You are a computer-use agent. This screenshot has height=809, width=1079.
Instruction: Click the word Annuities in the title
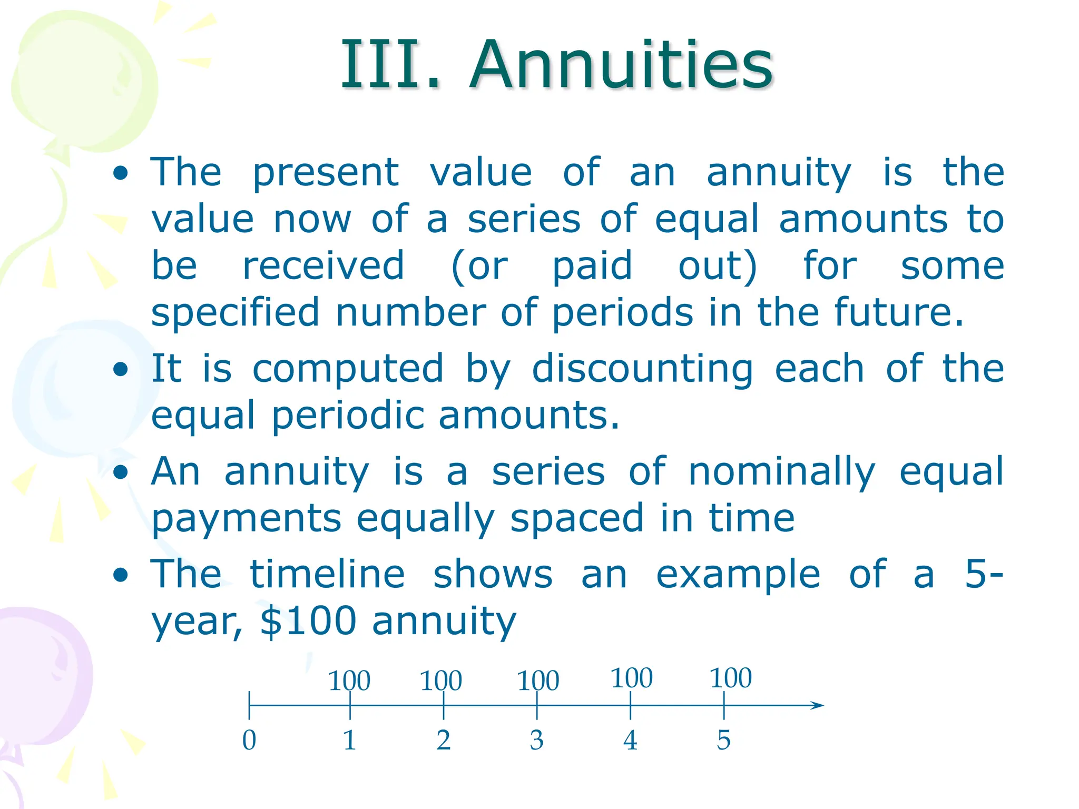tap(622, 65)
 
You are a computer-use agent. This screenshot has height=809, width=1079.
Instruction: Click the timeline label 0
tap(249, 740)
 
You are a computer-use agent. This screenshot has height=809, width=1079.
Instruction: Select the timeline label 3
tap(537, 740)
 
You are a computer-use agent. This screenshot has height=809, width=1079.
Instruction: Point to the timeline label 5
tap(724, 740)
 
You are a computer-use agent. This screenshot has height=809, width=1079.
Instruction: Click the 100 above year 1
tap(349, 680)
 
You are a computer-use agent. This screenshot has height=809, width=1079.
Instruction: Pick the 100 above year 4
tap(632, 678)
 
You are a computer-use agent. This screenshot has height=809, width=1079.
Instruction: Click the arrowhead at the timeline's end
tap(817, 705)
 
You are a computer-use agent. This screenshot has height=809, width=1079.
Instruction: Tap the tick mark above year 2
tap(444, 705)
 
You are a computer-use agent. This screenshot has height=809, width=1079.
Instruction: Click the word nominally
tap(782, 472)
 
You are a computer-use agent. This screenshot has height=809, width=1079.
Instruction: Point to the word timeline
tap(327, 574)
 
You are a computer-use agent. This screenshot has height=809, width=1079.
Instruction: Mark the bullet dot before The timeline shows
tap(121, 575)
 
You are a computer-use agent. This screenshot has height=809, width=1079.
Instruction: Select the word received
tap(323, 266)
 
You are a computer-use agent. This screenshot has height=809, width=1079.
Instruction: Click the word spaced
tap(577, 518)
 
